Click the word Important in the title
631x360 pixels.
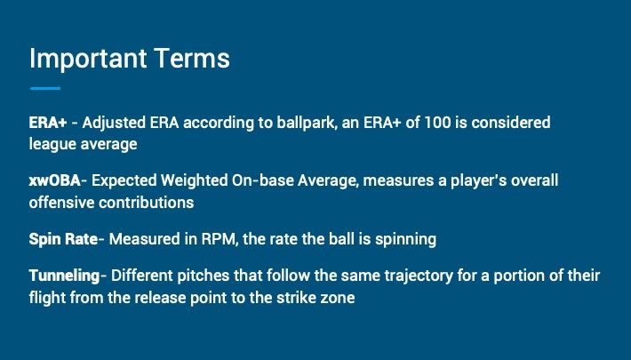pos(88,60)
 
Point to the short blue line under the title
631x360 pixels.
pos(45,88)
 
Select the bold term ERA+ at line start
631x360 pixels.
pos(48,123)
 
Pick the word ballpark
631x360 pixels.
pos(307,124)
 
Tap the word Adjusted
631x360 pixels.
pos(114,124)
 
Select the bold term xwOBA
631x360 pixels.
pos(55,180)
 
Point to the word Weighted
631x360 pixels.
pos(194,180)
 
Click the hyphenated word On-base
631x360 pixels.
pos(263,180)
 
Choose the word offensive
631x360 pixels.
pos(62,203)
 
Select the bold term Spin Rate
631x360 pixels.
pos(63,240)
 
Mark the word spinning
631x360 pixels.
pos(405,240)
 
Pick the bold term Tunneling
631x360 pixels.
pos(64,276)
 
